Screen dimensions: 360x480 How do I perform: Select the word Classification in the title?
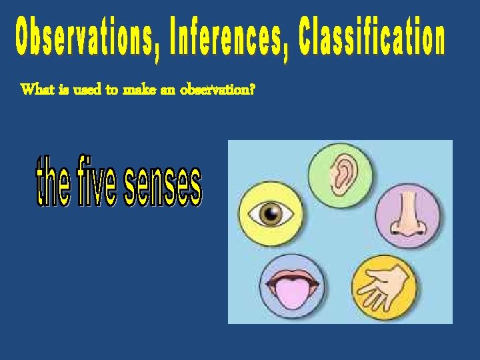click(x=371, y=37)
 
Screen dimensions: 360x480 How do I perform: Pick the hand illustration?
click(x=385, y=288)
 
